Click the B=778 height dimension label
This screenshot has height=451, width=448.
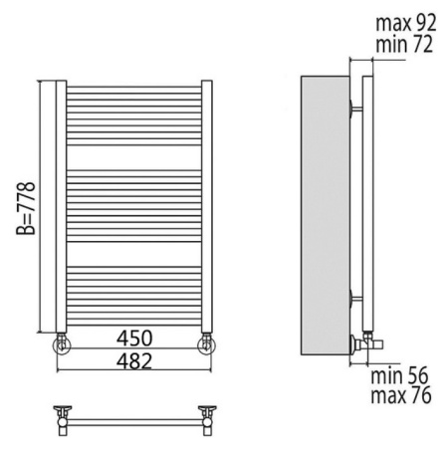click(26, 208)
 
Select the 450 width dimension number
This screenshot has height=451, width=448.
click(134, 338)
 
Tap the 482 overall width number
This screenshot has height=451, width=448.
click(134, 361)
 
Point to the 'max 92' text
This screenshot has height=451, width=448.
click(406, 23)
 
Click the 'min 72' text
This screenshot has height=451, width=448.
click(404, 44)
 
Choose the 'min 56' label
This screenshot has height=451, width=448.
click(399, 376)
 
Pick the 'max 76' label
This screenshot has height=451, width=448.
click(401, 395)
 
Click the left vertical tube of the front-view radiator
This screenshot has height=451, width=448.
click(61, 206)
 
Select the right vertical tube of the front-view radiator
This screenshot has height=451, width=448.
click(207, 206)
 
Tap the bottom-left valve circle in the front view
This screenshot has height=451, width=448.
click(62, 345)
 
